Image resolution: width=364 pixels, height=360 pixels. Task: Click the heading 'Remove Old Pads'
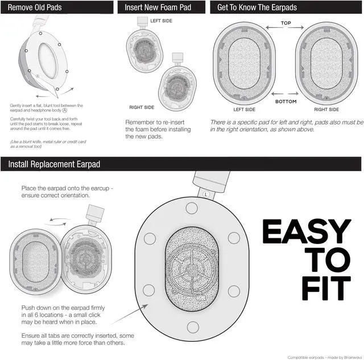(x=35, y=8)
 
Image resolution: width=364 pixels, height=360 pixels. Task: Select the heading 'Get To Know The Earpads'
(x=257, y=8)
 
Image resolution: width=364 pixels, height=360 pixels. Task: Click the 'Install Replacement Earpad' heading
(x=54, y=164)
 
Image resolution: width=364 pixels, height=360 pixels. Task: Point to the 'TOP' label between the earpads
(x=286, y=23)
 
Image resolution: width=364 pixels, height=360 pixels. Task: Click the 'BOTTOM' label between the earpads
(x=286, y=101)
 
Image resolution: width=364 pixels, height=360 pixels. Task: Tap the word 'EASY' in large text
(x=306, y=232)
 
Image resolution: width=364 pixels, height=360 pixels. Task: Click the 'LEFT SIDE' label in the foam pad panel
(x=162, y=20)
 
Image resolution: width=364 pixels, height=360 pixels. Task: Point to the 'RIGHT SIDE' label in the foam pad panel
(x=142, y=107)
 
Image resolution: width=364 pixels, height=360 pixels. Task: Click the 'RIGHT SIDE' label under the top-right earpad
(x=326, y=109)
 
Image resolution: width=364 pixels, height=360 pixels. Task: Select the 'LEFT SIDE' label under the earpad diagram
(x=245, y=109)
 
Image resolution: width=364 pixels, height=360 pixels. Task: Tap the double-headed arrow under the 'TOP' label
(x=286, y=31)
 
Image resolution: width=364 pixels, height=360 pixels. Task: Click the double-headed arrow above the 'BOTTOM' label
(x=286, y=93)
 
